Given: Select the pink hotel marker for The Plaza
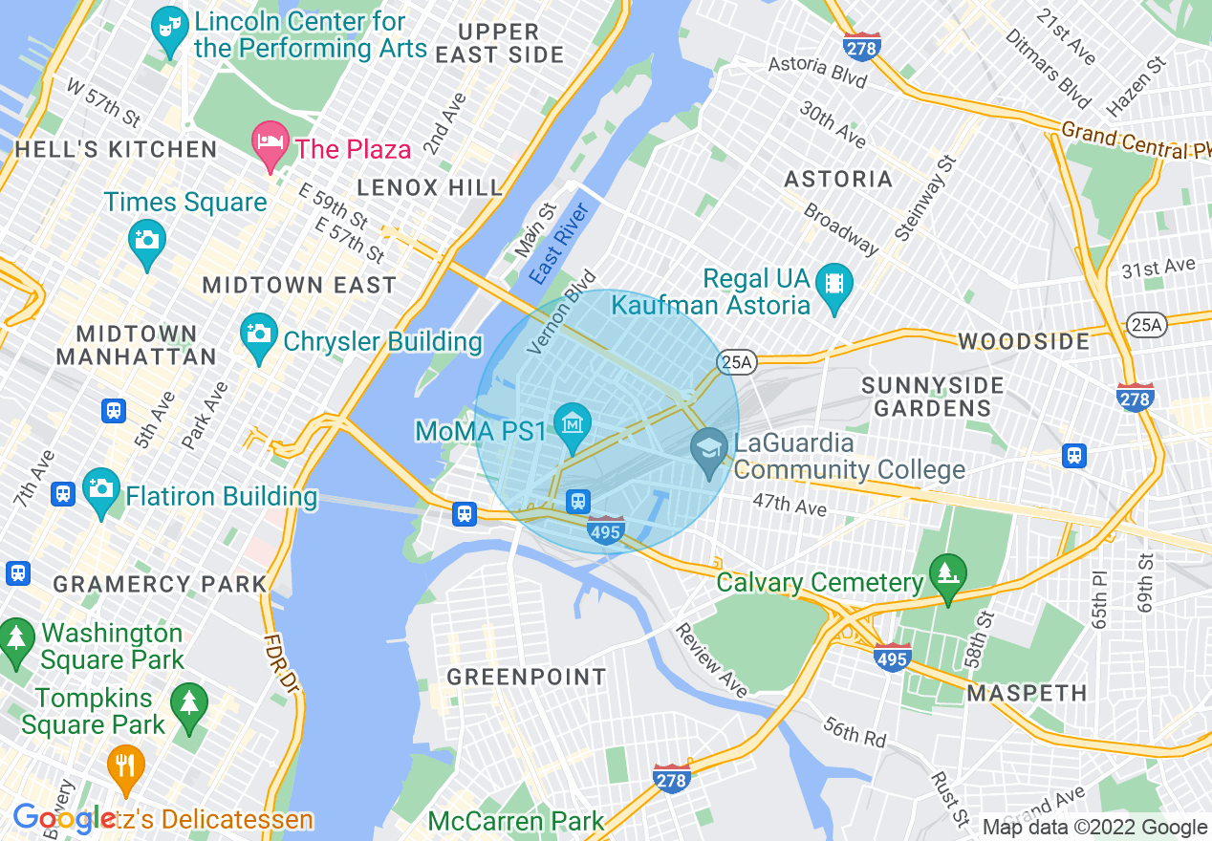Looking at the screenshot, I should pos(271,142).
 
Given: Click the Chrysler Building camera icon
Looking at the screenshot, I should pos(259,334).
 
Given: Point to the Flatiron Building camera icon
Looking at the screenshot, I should pos(101,488).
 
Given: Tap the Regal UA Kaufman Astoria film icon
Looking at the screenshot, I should pos(835,284).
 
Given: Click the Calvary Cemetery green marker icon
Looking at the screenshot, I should pos(948,574).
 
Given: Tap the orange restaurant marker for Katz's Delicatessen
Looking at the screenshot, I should pos(125,765).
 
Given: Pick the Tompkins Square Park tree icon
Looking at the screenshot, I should pos(188,703).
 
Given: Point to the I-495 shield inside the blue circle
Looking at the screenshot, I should pos(606,531).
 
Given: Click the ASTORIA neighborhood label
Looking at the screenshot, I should pos(838,179).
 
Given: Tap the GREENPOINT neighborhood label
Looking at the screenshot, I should pos(527,677).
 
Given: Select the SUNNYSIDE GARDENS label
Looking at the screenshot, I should pos(933,397).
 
